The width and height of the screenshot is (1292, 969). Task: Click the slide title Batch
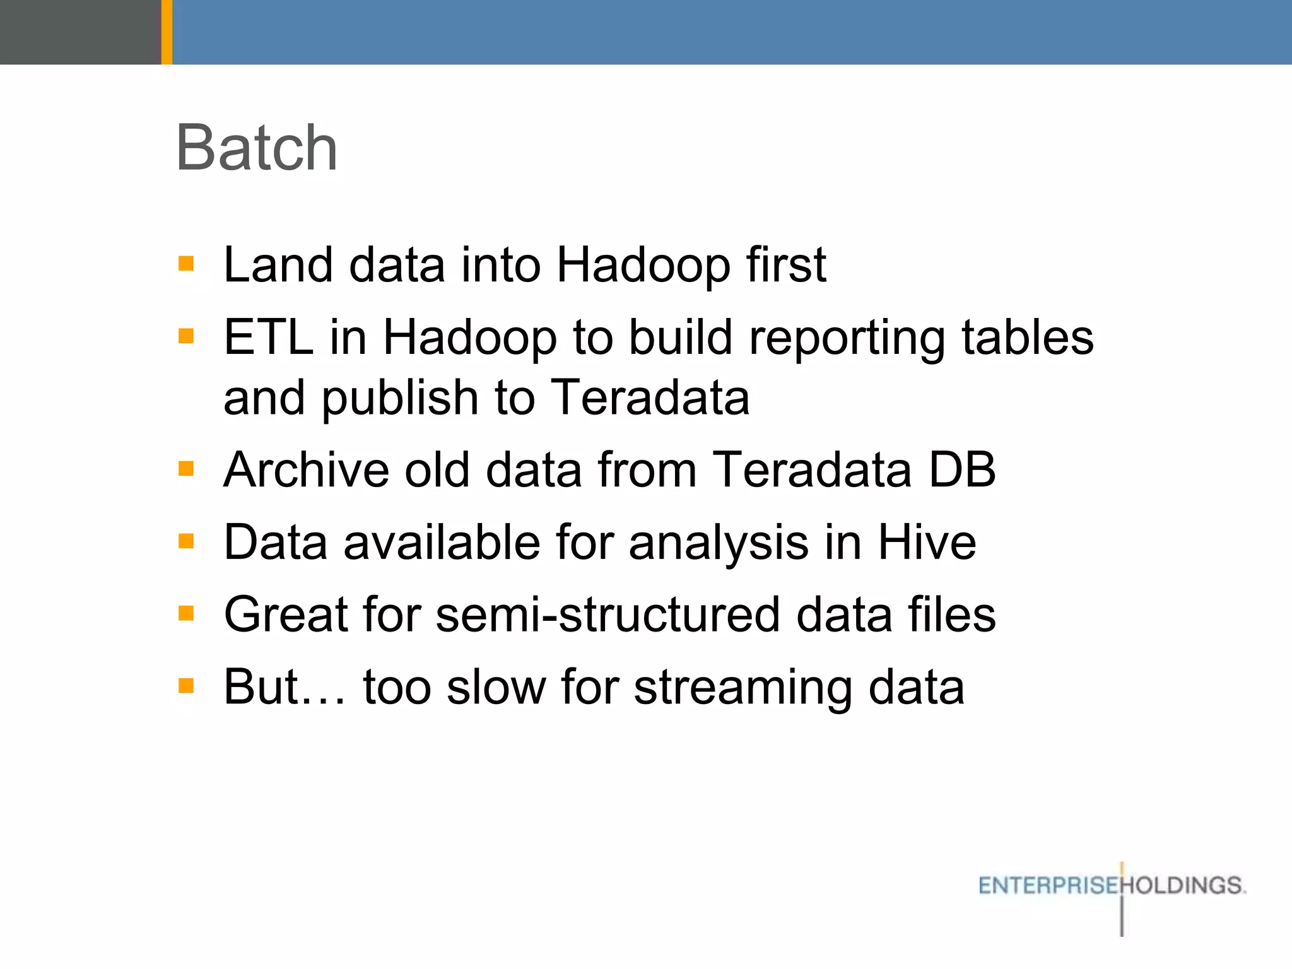coord(257,148)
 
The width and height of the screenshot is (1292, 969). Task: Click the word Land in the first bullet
coord(278,265)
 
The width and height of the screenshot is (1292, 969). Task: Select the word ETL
coord(269,338)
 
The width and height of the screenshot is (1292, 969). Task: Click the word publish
coord(400,399)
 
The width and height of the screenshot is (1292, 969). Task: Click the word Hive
coord(927,543)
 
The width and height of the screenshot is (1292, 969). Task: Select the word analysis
coord(719,544)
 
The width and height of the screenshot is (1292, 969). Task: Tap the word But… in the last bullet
coord(285,687)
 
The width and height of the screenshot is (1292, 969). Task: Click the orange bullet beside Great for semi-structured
coord(186,613)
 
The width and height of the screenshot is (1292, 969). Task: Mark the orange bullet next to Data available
coord(186,541)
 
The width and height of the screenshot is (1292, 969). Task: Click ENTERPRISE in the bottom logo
coord(1048,886)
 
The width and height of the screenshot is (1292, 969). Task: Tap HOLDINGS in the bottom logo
coord(1184,886)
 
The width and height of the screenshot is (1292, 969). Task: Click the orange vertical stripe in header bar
coord(167,32)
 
